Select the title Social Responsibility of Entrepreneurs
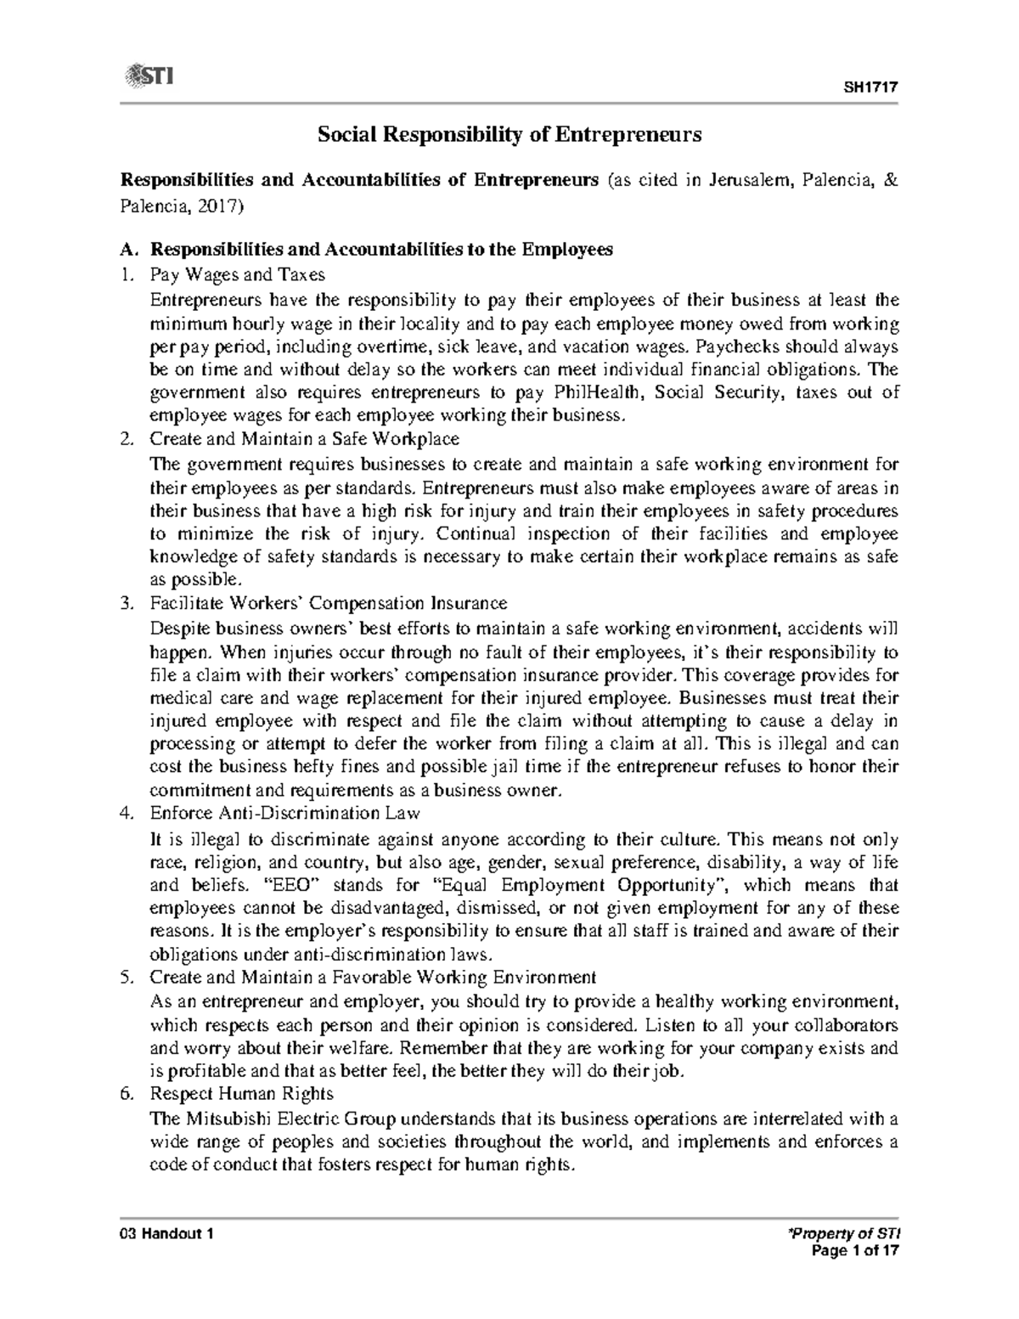tap(509, 134)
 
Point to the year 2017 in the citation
tap(220, 205)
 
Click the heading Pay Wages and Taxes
tap(237, 275)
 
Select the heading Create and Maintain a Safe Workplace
tap(304, 439)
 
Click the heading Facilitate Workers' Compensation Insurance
tap(328, 603)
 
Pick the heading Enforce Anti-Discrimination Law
tap(284, 813)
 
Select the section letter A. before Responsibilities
tap(128, 250)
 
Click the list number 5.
tap(127, 976)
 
